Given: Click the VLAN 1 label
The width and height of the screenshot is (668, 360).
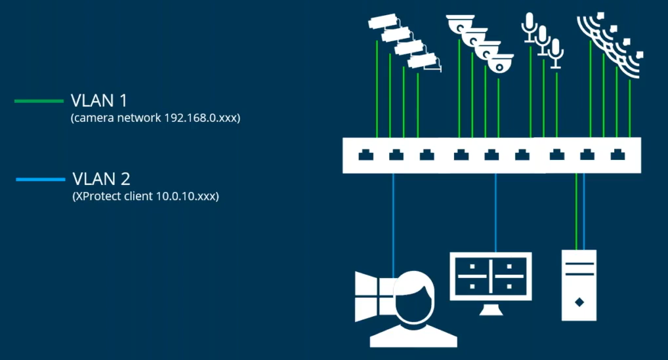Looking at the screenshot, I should [x=98, y=101].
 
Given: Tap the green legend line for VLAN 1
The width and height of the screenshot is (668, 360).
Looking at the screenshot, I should [x=38, y=101].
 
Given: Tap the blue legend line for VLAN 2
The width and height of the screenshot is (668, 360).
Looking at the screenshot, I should [x=41, y=178].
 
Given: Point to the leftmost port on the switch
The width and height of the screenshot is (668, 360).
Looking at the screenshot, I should [x=364, y=155].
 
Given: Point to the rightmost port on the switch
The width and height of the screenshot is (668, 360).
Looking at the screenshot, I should [x=617, y=155].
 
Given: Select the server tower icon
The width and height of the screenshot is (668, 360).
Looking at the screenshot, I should [x=579, y=285].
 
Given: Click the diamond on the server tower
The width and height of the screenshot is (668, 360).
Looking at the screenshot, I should [x=579, y=302].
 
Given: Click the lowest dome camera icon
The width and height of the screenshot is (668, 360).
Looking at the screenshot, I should [x=501, y=65].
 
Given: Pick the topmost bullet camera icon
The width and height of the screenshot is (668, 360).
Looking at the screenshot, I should [x=382, y=22].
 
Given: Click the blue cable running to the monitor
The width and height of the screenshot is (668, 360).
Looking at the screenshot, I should [x=495, y=210].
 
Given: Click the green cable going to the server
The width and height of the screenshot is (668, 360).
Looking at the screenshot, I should [x=575, y=210].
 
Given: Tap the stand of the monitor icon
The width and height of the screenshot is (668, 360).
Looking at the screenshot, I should [x=491, y=309].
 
